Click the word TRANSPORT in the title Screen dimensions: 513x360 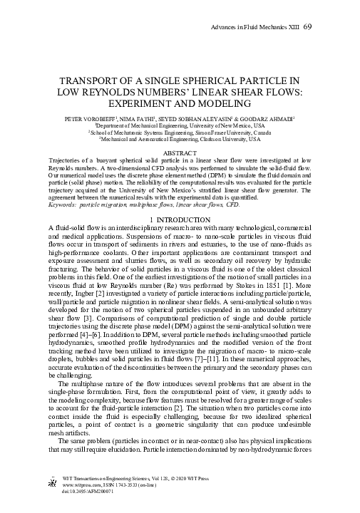pyautogui.click(x=86, y=81)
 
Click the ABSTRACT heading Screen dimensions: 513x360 pyautogui.click(x=180, y=153)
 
